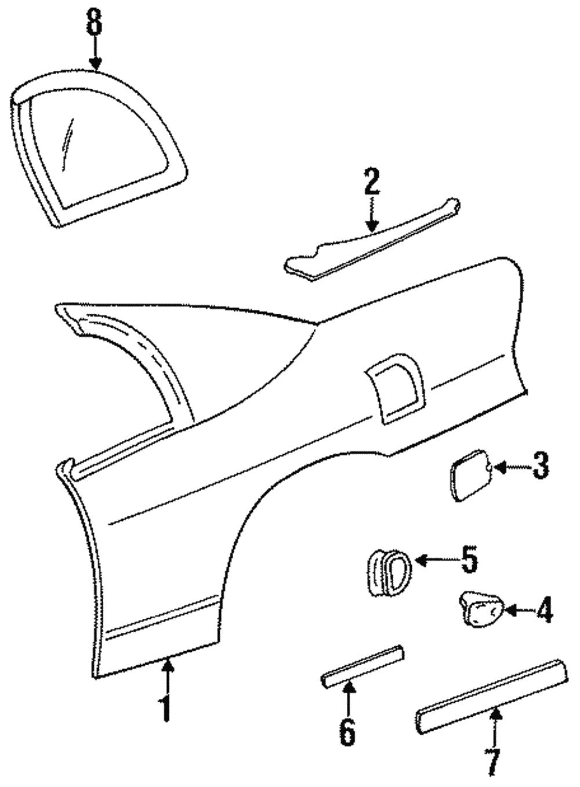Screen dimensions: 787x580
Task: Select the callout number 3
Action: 541,466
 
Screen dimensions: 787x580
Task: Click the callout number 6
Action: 347,732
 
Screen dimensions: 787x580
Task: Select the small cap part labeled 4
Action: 481,609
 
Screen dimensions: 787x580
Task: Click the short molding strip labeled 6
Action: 362,666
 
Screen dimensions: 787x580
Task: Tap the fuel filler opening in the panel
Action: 397,389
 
